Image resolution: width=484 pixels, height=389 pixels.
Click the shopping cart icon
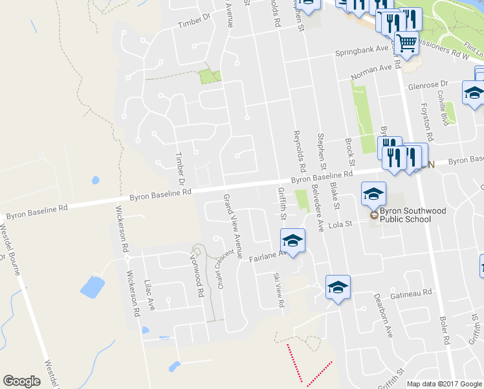pos(406,44)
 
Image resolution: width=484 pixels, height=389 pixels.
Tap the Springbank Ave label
pos(360,51)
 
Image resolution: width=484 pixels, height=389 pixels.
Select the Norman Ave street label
pos(372,72)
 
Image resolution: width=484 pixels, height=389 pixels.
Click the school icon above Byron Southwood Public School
pos(373,194)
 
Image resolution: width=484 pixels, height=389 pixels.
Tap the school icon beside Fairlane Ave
pos(292,241)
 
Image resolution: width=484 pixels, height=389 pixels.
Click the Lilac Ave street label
pos(150,292)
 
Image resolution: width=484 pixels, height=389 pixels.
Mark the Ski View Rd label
pos(278,289)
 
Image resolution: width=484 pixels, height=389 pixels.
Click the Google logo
pos(21,381)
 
